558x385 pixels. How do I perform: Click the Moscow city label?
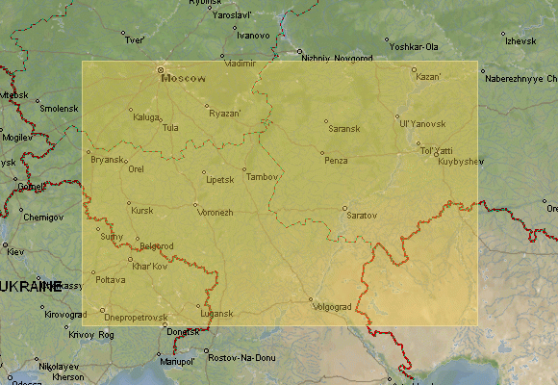(184, 78)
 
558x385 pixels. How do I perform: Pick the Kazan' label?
(428, 76)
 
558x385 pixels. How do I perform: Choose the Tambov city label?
(262, 176)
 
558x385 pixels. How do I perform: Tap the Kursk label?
(141, 210)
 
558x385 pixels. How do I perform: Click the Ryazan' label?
(225, 114)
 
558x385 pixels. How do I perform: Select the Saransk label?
(343, 128)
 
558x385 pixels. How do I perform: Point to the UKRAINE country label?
(29, 286)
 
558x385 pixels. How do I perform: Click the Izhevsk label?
(519, 40)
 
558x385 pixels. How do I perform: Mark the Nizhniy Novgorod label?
(336, 58)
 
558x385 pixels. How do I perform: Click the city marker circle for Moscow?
(160, 70)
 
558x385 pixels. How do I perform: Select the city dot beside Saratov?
(344, 207)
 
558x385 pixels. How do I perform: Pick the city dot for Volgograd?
(311, 299)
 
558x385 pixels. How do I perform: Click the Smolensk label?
(58, 108)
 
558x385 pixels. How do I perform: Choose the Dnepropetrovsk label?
(136, 317)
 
